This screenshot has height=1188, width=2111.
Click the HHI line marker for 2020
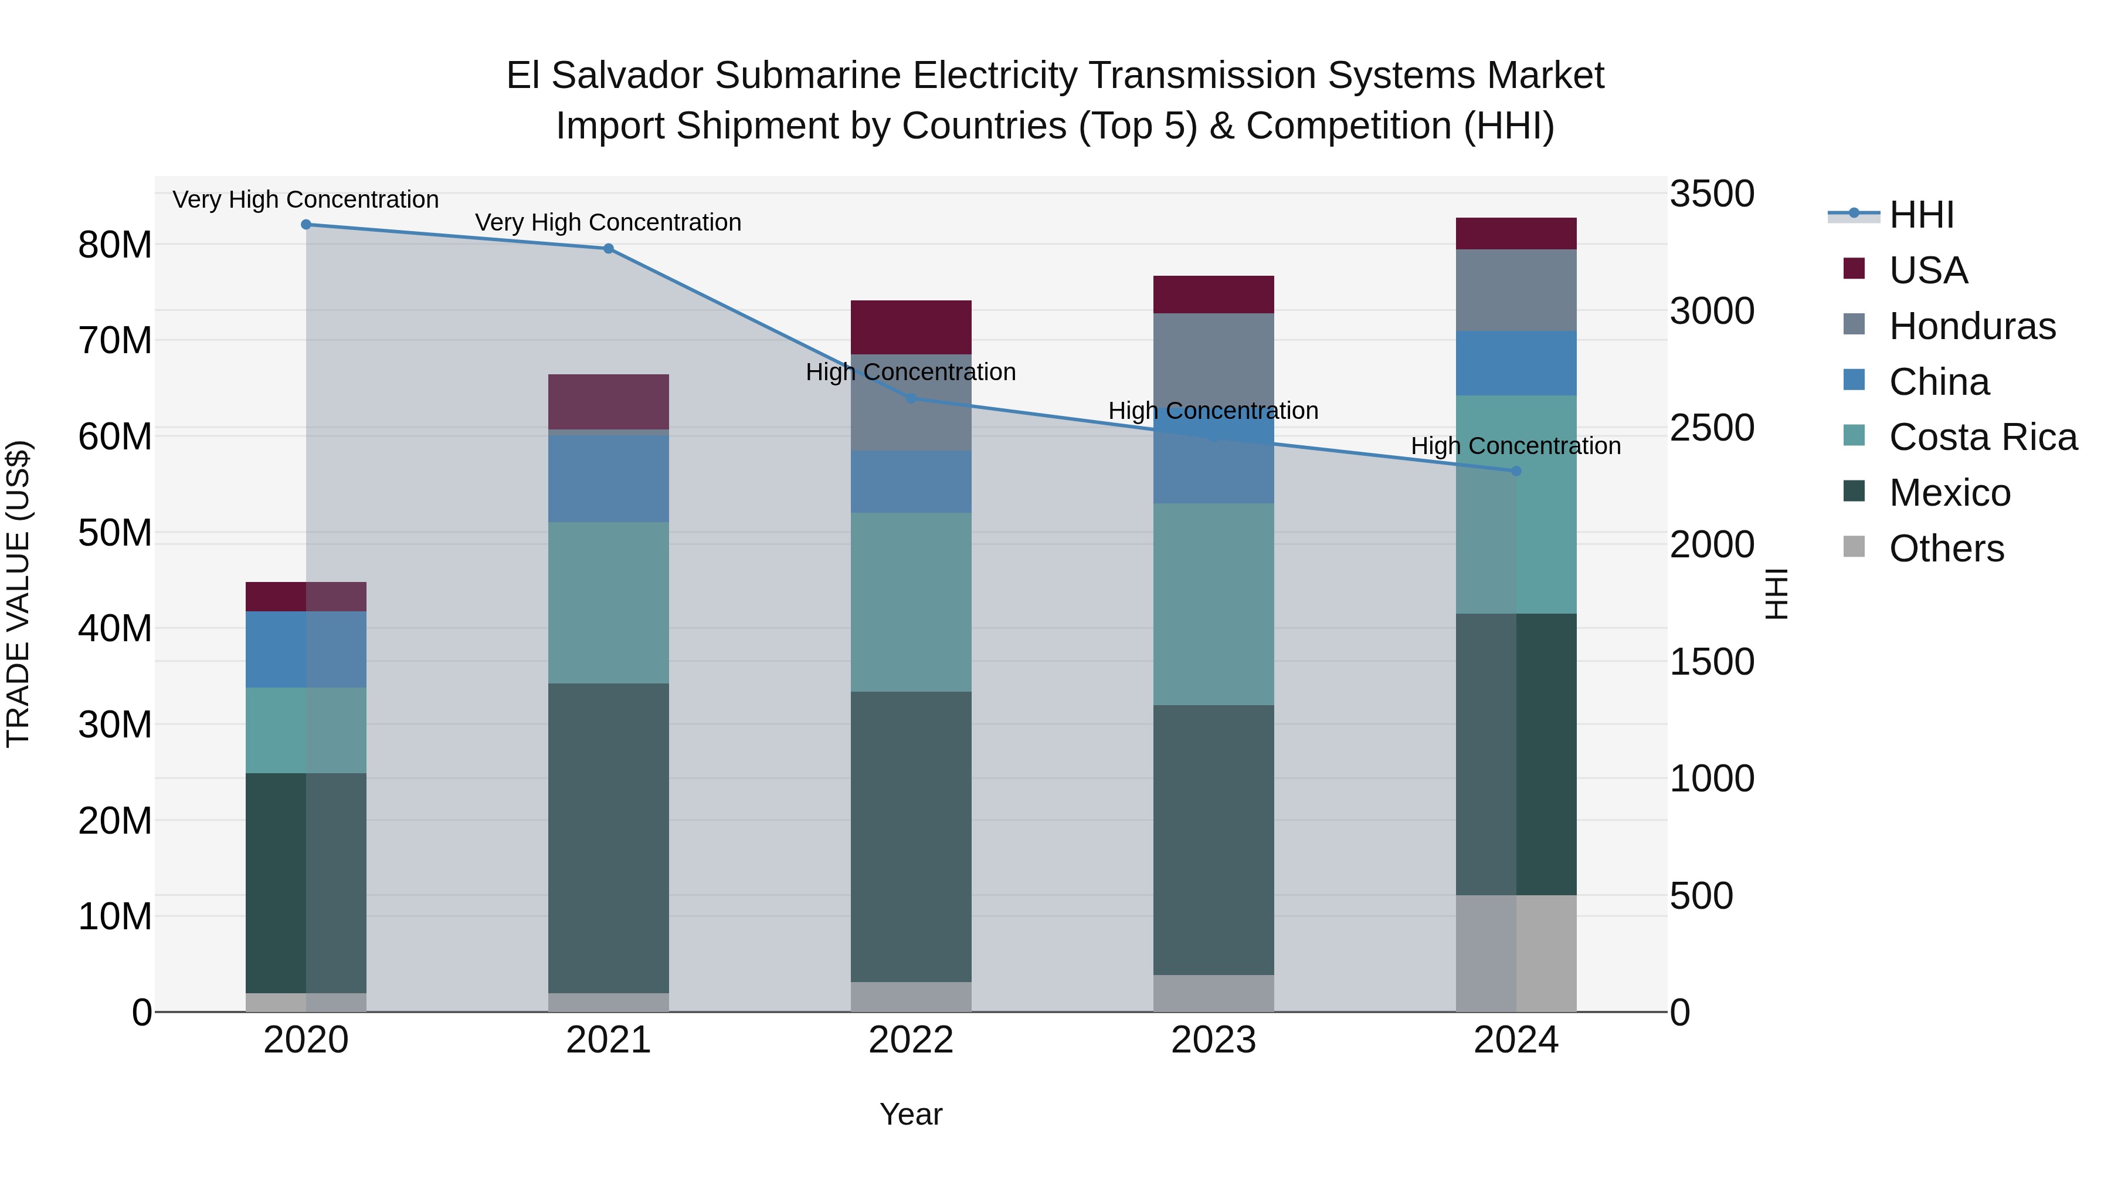click(x=306, y=225)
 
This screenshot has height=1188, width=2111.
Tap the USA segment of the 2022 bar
click(x=911, y=327)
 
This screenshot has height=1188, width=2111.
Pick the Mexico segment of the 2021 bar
click(x=608, y=838)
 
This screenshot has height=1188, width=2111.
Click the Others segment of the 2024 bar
click(x=1515, y=953)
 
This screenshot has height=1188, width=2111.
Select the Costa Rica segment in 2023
click(x=1213, y=604)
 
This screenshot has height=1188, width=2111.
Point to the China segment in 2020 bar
click(x=306, y=649)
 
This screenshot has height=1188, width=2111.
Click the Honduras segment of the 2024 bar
click(x=1515, y=290)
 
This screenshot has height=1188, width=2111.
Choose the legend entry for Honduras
click(x=1971, y=326)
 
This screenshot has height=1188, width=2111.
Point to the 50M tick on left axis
click(x=115, y=533)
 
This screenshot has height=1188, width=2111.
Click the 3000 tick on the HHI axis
click(x=1712, y=312)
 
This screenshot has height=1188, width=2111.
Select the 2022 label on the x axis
click(x=911, y=1040)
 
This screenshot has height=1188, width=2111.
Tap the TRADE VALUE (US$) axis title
click(x=19, y=594)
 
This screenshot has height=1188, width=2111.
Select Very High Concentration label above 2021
click(x=608, y=222)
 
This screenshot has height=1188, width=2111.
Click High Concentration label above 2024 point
click(x=1515, y=446)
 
